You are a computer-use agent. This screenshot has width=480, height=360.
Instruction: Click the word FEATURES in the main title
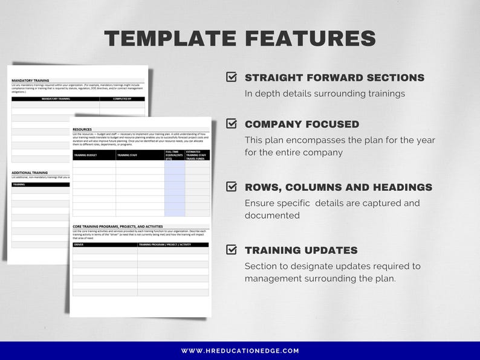pyautogui.click(x=310, y=39)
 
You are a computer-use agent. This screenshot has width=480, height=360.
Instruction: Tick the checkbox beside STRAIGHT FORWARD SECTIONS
pyautogui.click(x=231, y=77)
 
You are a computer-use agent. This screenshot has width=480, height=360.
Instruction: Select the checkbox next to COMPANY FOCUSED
pyautogui.click(x=231, y=124)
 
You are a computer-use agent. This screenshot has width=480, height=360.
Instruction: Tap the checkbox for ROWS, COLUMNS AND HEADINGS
pyautogui.click(x=231, y=187)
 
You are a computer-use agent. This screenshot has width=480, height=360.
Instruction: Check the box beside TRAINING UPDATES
pyautogui.click(x=231, y=250)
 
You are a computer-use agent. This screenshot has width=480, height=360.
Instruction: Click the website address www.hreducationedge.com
pyautogui.click(x=240, y=351)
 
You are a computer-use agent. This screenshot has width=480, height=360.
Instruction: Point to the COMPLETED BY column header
pyautogui.click(x=122, y=98)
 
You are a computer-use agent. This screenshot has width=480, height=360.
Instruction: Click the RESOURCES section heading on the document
pyautogui.click(x=82, y=129)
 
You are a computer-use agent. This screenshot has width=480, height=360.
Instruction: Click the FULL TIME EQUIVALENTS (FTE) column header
pyautogui.click(x=174, y=155)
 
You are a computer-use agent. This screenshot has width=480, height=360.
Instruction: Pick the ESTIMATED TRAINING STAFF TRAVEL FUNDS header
pyautogui.click(x=196, y=155)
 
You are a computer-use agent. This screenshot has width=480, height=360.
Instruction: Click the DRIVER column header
pyautogui.click(x=79, y=245)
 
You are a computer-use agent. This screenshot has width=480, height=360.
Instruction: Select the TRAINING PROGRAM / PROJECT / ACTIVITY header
pyautogui.click(x=164, y=245)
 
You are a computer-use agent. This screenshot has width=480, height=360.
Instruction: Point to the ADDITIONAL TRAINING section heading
pyautogui.click(x=30, y=173)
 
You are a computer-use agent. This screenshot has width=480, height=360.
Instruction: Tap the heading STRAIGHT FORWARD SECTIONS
pyautogui.click(x=334, y=78)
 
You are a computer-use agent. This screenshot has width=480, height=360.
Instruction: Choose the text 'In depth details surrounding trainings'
pyautogui.click(x=325, y=94)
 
